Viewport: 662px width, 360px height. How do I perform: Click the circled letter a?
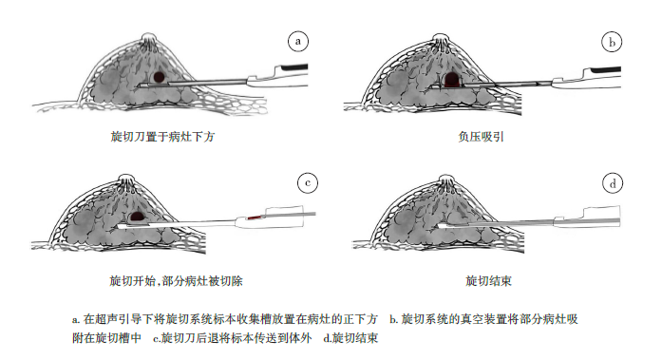(298, 42)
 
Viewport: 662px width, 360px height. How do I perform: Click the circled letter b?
(612, 42)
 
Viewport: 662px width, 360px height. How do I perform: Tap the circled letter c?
(308, 182)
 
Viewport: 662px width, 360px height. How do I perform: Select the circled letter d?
(613, 183)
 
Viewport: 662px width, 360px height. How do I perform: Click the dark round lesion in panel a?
(159, 77)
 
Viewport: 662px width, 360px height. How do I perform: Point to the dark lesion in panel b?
(452, 80)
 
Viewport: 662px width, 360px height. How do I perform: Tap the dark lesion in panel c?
(137, 217)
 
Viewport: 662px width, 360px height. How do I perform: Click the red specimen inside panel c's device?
(255, 218)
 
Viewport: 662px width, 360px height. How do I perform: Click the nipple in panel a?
(148, 39)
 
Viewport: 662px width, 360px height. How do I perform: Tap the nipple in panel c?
(126, 180)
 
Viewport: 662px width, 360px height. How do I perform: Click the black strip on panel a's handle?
(295, 67)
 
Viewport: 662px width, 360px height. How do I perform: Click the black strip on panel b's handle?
(605, 69)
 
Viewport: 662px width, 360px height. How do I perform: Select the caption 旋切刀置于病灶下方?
(163, 137)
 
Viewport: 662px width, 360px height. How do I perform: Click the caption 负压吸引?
(481, 137)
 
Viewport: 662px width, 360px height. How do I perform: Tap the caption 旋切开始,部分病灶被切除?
(176, 281)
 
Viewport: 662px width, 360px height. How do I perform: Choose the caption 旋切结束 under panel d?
(488, 281)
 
